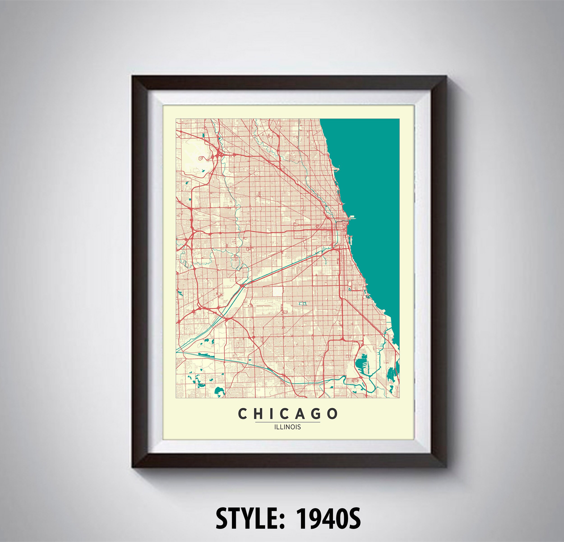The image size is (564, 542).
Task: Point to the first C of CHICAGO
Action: tap(242, 414)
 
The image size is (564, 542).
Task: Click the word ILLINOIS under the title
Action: tap(287, 427)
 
